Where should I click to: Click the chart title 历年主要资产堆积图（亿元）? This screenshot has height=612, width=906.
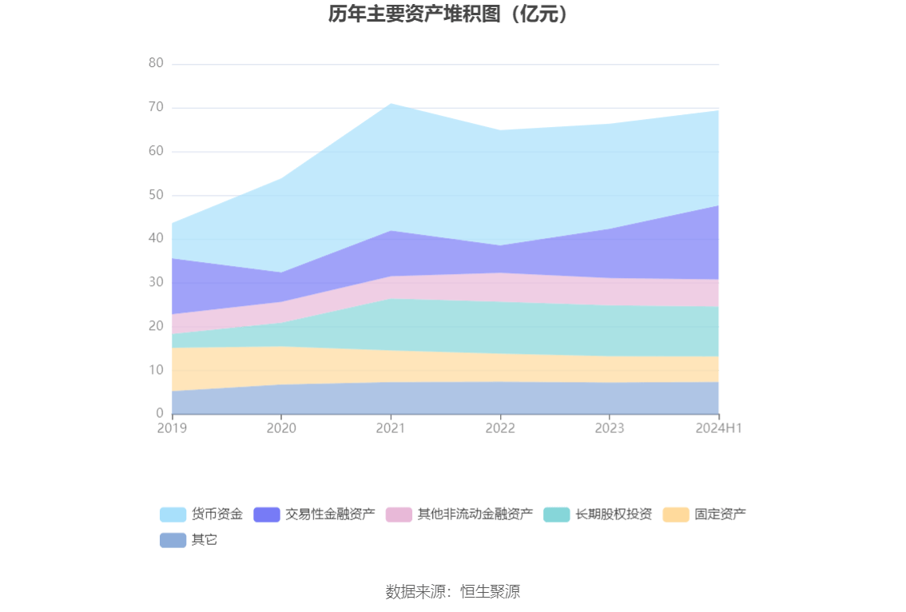[452, 14]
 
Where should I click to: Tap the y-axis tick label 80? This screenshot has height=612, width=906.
[156, 63]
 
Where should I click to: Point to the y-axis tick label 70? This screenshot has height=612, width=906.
[156, 107]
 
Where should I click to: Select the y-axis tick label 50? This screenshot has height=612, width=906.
[156, 195]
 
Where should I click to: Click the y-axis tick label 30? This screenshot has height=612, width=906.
[156, 282]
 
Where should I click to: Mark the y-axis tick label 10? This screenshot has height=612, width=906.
[156, 370]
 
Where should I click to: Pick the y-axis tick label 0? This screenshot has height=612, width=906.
[160, 414]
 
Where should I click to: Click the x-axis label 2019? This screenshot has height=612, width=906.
[172, 428]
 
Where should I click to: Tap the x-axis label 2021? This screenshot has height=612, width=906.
[391, 428]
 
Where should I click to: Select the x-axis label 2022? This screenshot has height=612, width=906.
[500, 428]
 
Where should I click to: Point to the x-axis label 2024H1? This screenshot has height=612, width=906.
[719, 428]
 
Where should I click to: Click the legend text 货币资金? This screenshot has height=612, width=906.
[217, 514]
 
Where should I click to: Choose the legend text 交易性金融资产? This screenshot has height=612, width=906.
[330, 514]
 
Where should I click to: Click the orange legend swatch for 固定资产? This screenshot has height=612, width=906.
[676, 514]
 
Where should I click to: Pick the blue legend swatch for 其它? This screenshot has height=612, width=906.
[173, 540]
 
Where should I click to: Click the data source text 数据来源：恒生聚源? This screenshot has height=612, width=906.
[453, 592]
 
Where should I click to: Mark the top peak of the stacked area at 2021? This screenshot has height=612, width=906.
[391, 104]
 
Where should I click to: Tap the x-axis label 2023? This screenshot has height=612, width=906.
[610, 428]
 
